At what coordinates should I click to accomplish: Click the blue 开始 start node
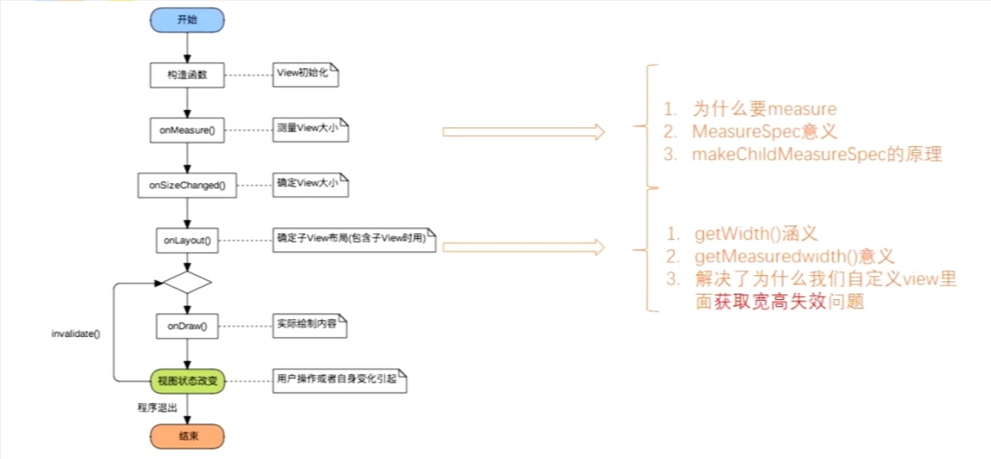click(x=187, y=21)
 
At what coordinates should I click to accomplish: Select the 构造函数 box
click(x=187, y=75)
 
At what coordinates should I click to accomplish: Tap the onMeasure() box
click(x=187, y=131)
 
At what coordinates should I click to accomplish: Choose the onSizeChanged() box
click(x=187, y=185)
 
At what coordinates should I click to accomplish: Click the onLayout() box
click(x=187, y=240)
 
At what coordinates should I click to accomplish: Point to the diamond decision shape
click(x=187, y=282)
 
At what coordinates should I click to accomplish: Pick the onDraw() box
click(x=187, y=325)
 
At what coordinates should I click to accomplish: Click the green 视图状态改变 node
click(x=187, y=380)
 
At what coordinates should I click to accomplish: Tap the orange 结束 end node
click(x=187, y=436)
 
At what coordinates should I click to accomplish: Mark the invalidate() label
click(x=75, y=333)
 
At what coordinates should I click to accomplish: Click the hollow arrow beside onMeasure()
click(x=523, y=132)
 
